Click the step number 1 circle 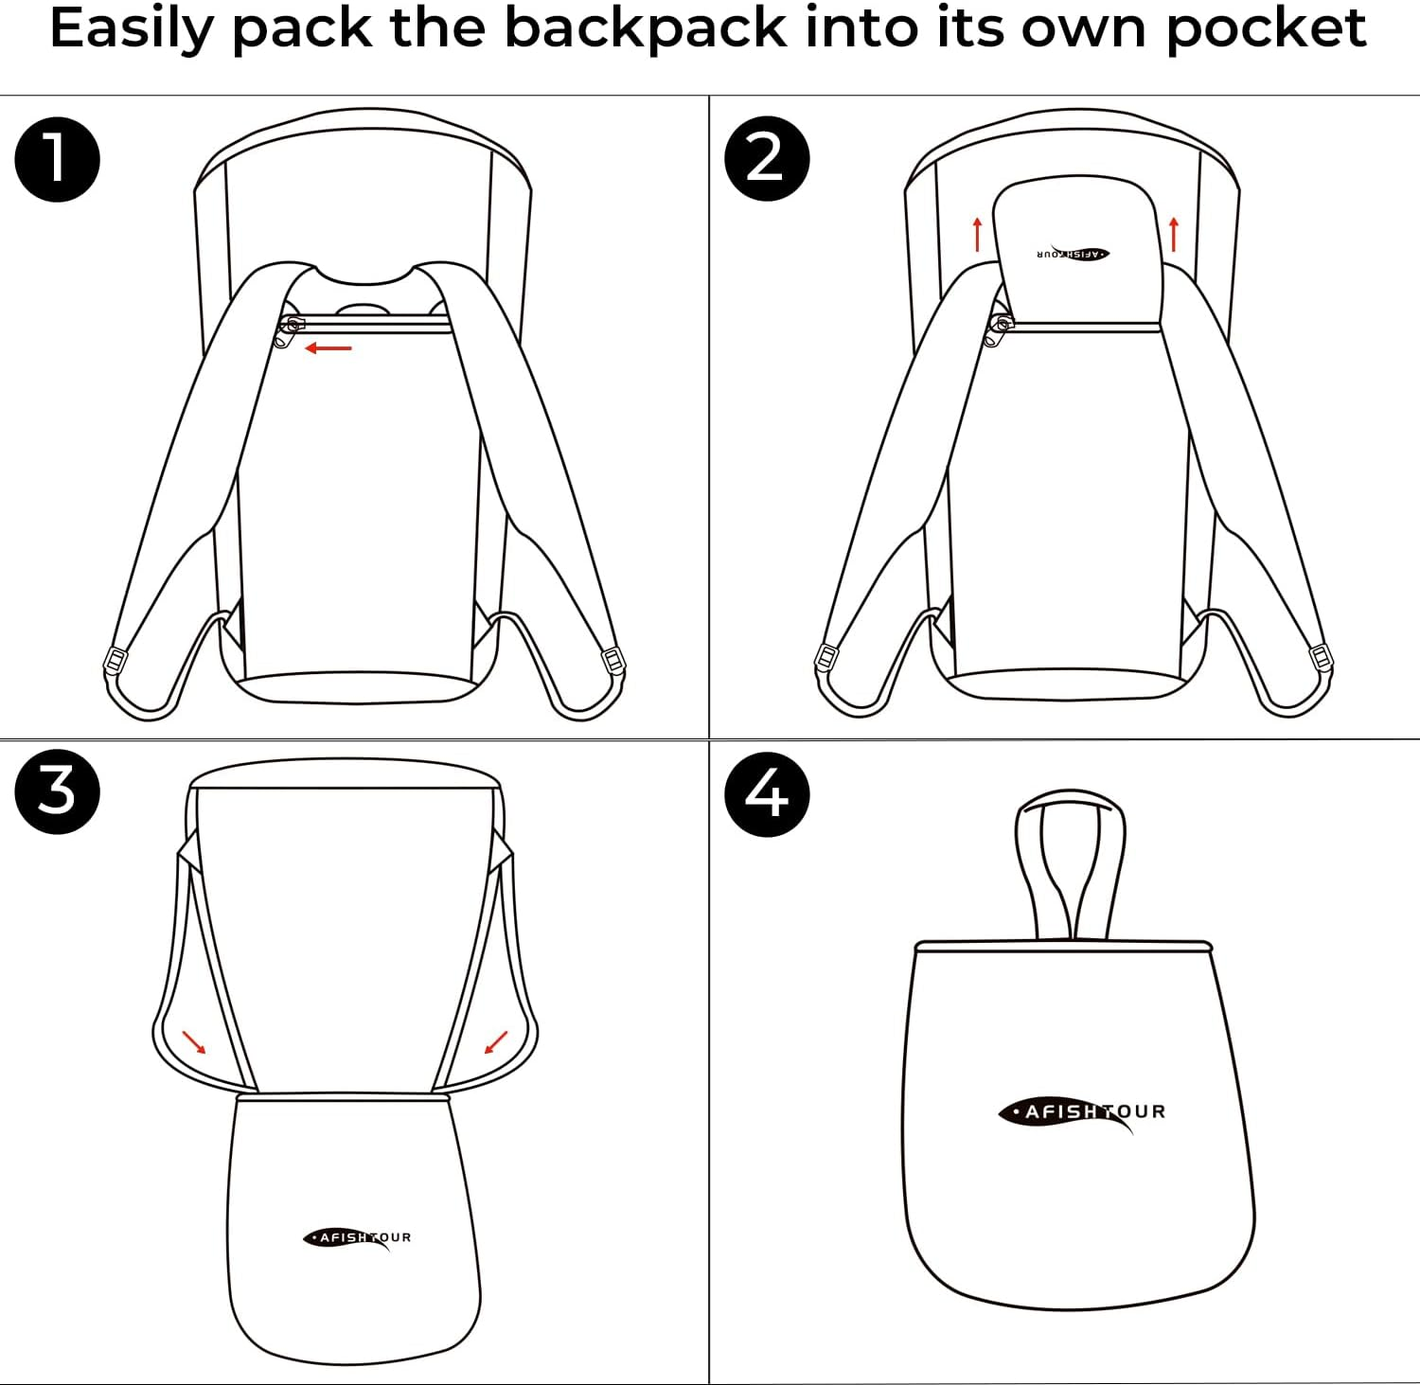(x=57, y=158)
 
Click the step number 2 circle (x=766, y=158)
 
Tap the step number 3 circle (x=57, y=790)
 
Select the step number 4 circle (x=766, y=793)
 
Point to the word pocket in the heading (x=1266, y=28)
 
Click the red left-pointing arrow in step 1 (x=328, y=348)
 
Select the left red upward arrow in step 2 (x=977, y=234)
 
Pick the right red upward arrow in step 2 (x=1174, y=234)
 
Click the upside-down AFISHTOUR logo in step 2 (x=1073, y=254)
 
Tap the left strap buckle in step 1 (x=115, y=660)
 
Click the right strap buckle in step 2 (x=1320, y=656)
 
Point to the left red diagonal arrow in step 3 (x=194, y=1042)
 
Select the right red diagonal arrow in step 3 (x=495, y=1042)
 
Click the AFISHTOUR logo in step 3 (x=357, y=1238)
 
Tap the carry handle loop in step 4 (x=1070, y=861)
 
